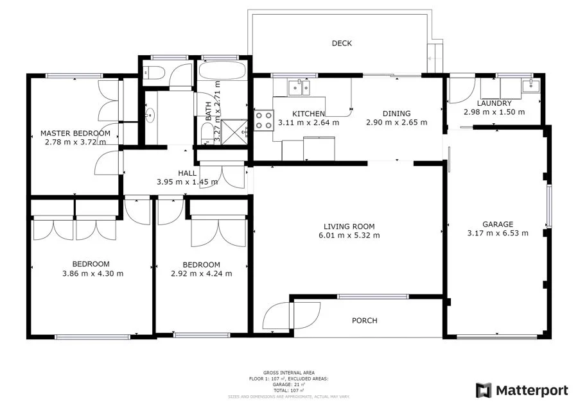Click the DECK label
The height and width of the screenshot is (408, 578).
point(342,44)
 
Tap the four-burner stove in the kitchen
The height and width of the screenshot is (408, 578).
point(264,120)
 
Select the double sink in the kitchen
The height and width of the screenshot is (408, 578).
point(299,85)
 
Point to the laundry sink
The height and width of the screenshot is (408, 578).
point(530,85)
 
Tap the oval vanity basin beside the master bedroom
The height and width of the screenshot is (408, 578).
point(150,115)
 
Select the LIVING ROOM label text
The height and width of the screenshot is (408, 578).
point(349,226)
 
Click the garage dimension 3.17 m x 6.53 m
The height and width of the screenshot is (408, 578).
point(498,234)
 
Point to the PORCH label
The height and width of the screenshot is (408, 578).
point(364,321)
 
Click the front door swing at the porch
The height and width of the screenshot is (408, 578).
point(277,316)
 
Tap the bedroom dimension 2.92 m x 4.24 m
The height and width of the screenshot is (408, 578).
point(201,273)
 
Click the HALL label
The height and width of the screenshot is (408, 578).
point(187,173)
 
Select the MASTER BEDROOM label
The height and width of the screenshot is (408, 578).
point(75,133)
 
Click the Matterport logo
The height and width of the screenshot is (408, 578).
point(521,390)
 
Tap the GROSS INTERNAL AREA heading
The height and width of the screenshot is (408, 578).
point(288,373)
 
